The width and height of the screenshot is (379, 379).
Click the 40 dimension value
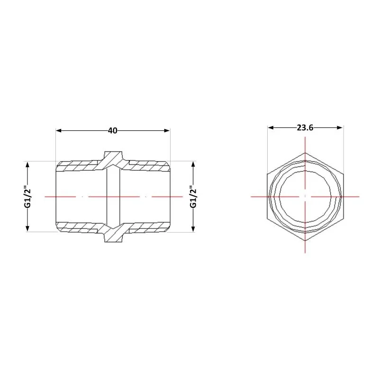point(113,131)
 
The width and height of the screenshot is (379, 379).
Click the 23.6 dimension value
point(305,127)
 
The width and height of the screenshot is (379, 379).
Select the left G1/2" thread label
point(28,197)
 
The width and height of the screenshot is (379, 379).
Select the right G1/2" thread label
point(194,197)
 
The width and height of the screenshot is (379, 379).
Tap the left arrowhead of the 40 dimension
point(59,131)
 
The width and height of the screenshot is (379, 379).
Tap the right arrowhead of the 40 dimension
point(167,131)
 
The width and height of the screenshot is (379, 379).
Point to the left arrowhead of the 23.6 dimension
point(271,127)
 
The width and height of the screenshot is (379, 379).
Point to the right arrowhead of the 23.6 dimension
point(340,127)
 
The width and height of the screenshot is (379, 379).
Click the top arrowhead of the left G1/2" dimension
point(27,165)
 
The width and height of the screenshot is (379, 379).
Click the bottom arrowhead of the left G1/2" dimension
point(27,229)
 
